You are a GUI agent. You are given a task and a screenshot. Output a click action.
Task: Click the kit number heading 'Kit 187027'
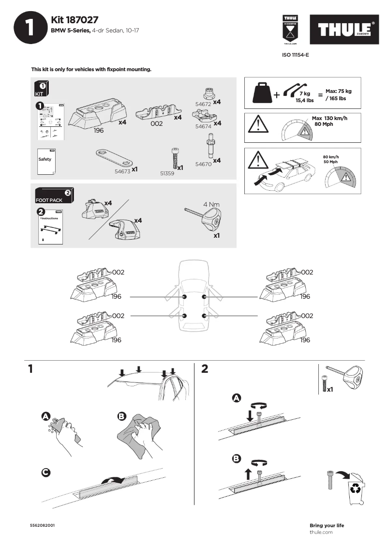pyautogui.click(x=75, y=20)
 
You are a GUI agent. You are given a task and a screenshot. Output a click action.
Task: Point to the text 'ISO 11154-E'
pyautogui.click(x=295, y=55)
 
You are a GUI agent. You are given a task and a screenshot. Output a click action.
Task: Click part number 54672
pyautogui.click(x=203, y=104)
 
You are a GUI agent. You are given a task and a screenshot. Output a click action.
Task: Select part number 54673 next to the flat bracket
pyautogui.click(x=122, y=171)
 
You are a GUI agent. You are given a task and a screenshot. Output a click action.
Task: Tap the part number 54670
pyautogui.click(x=204, y=164)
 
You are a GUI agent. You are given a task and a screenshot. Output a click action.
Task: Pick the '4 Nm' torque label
pyautogui.click(x=211, y=204)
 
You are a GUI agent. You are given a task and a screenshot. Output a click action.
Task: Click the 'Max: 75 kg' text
pyautogui.click(x=338, y=91)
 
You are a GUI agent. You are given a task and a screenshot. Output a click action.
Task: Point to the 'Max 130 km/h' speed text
pyautogui.click(x=329, y=119)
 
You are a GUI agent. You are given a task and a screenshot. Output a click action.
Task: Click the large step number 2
pyautogui.click(x=204, y=369)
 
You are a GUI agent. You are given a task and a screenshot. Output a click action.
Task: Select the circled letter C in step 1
pyautogui.click(x=45, y=472)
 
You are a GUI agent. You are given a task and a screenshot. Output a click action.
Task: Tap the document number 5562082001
pyautogui.click(x=43, y=525)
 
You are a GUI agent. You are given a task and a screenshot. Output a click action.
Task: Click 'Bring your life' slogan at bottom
pyautogui.click(x=327, y=525)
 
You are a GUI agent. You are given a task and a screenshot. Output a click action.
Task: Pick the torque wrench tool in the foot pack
pyautogui.click(x=206, y=217)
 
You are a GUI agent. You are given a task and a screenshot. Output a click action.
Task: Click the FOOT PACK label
pyautogui.click(x=49, y=200)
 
